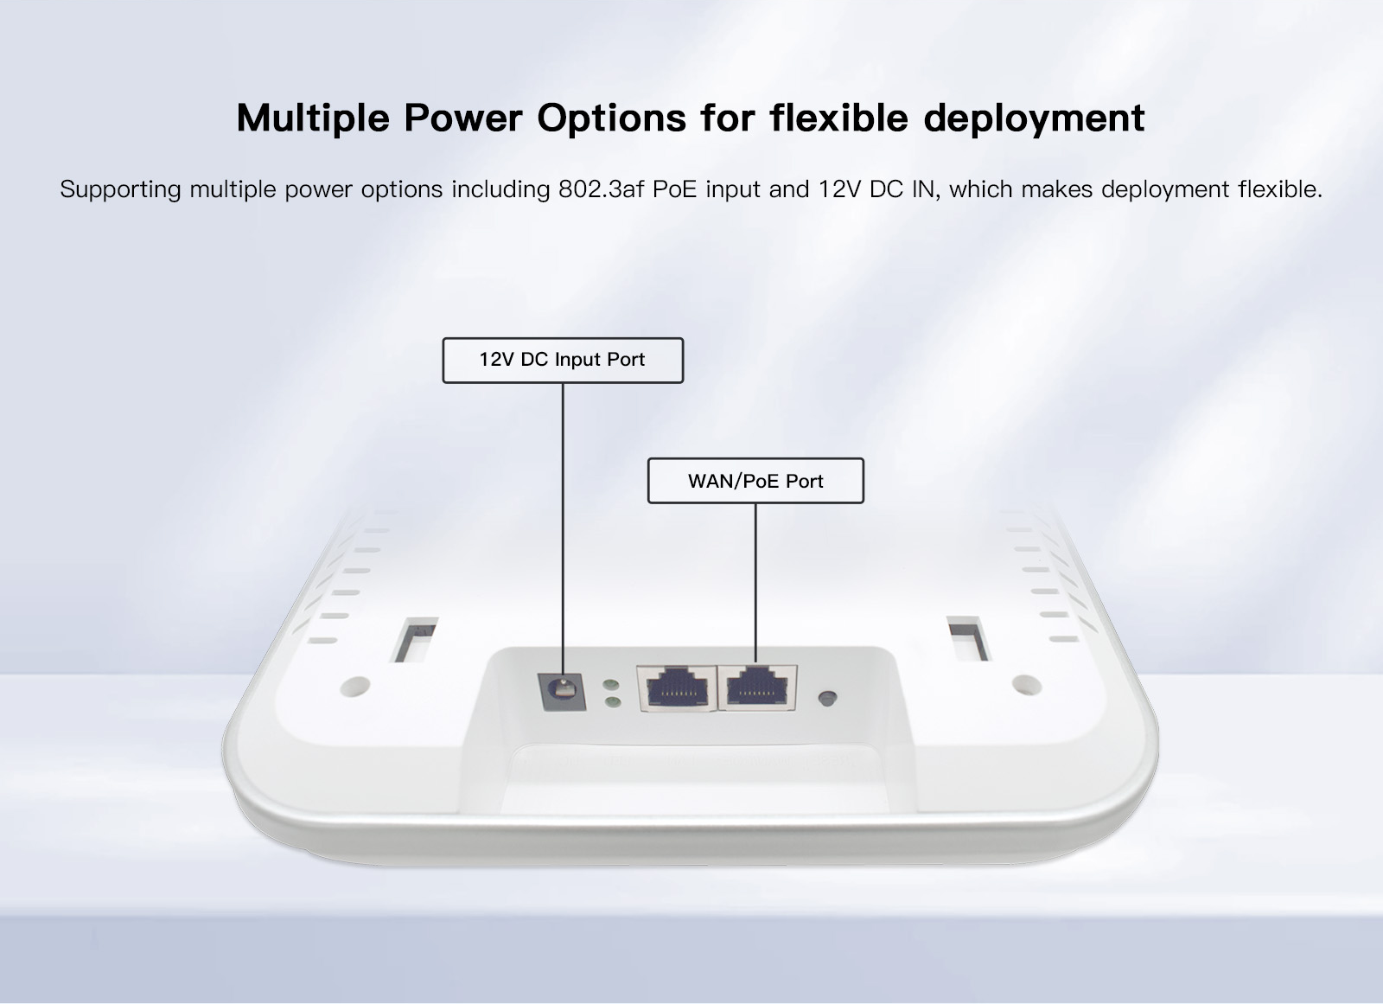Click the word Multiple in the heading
(313, 118)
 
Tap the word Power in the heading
(463, 118)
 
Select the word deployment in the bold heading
(1034, 118)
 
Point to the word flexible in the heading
(839, 117)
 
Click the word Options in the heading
(611, 118)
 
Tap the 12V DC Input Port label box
(563, 361)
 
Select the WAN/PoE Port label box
(755, 481)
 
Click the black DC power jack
(562, 691)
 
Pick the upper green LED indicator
(611, 685)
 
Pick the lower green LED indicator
(613, 702)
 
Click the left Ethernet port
(677, 688)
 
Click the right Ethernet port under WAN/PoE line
(757, 688)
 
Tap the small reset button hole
(827, 698)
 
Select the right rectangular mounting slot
(969, 638)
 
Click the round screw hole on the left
(355, 686)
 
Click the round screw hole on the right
(1027, 685)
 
